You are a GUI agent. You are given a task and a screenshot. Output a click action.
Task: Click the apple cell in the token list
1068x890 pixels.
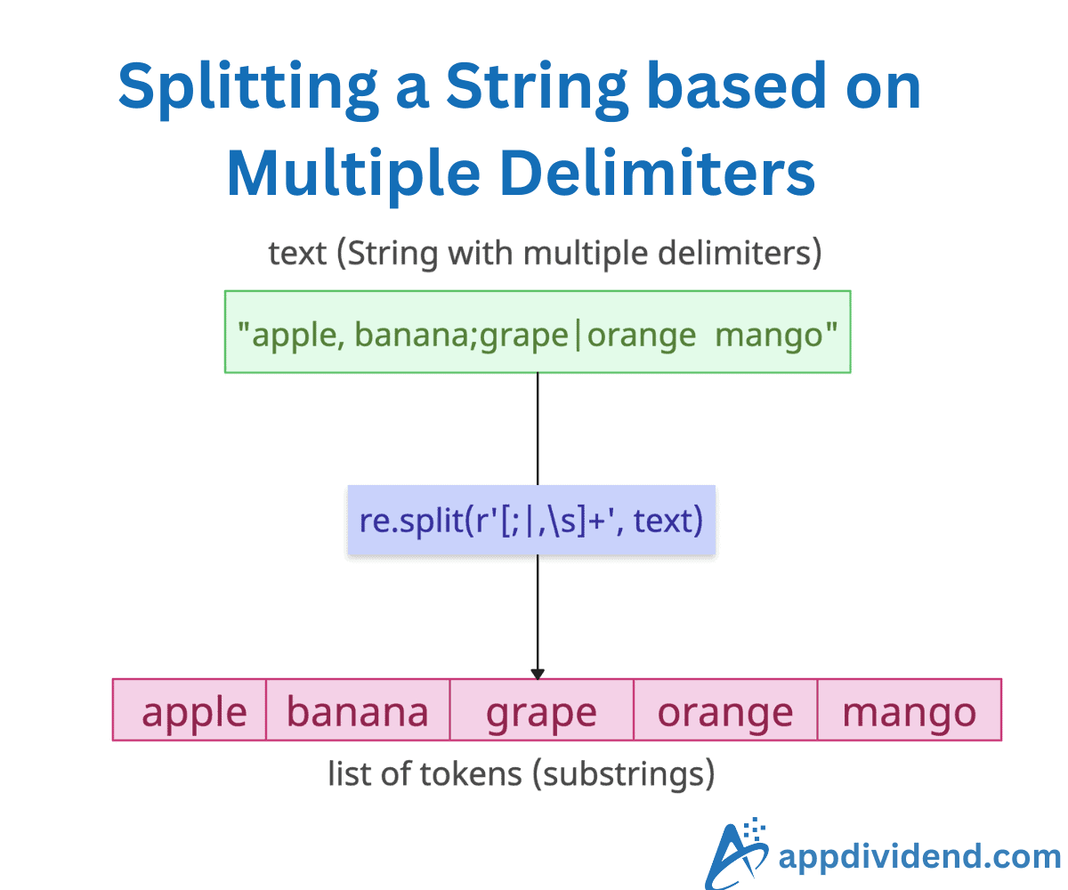(190, 710)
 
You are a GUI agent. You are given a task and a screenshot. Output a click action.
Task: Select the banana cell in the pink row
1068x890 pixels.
(358, 710)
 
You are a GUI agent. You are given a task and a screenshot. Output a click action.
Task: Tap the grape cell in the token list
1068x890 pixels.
(541, 710)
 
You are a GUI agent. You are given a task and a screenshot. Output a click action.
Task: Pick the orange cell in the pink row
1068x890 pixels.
(724, 710)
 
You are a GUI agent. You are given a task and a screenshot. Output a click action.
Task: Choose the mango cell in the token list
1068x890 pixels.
(909, 710)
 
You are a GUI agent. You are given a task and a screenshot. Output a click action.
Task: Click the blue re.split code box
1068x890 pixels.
(531, 521)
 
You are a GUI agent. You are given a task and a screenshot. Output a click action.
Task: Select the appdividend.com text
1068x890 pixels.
(918, 856)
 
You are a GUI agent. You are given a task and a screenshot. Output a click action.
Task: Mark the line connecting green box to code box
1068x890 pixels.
(538, 427)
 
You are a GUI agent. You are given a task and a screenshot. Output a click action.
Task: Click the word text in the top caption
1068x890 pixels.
(297, 254)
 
